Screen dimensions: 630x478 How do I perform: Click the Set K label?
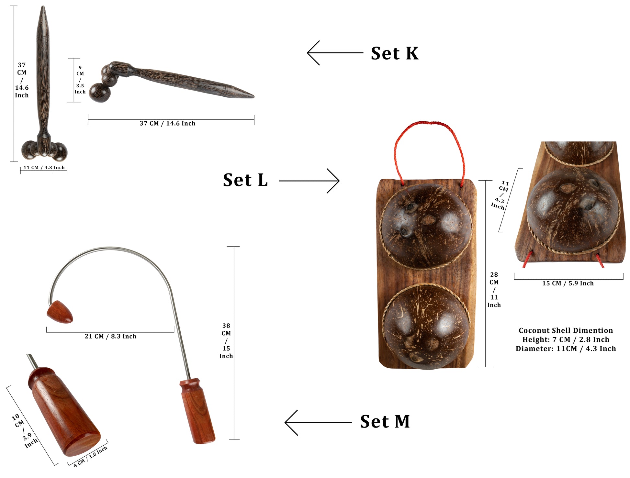[x=395, y=53]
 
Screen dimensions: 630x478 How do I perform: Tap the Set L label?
[x=245, y=180]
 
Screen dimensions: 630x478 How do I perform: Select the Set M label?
[x=385, y=422]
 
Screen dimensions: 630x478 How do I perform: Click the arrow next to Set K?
[x=335, y=53]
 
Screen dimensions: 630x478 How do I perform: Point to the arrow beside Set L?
[x=309, y=181]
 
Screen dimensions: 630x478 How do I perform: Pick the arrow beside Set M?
[x=318, y=423]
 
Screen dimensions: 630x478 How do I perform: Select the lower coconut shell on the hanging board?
[x=426, y=326]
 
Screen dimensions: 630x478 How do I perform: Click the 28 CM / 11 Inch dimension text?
[x=494, y=290]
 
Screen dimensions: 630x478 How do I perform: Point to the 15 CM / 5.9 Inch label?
[x=568, y=283]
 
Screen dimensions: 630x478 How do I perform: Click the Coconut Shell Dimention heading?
[x=566, y=330]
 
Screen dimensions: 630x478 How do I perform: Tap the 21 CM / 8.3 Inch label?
[x=110, y=337]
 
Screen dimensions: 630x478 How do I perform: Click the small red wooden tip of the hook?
[x=60, y=312]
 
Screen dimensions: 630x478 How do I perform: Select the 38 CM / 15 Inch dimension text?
[x=226, y=341]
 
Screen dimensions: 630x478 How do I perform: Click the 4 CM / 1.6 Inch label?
[x=90, y=457]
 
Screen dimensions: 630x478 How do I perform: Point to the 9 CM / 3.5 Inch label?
[x=80, y=80]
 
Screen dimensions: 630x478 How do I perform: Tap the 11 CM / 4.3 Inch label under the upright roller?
[x=44, y=168]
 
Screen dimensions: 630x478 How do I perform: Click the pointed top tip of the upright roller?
[x=43, y=6]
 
